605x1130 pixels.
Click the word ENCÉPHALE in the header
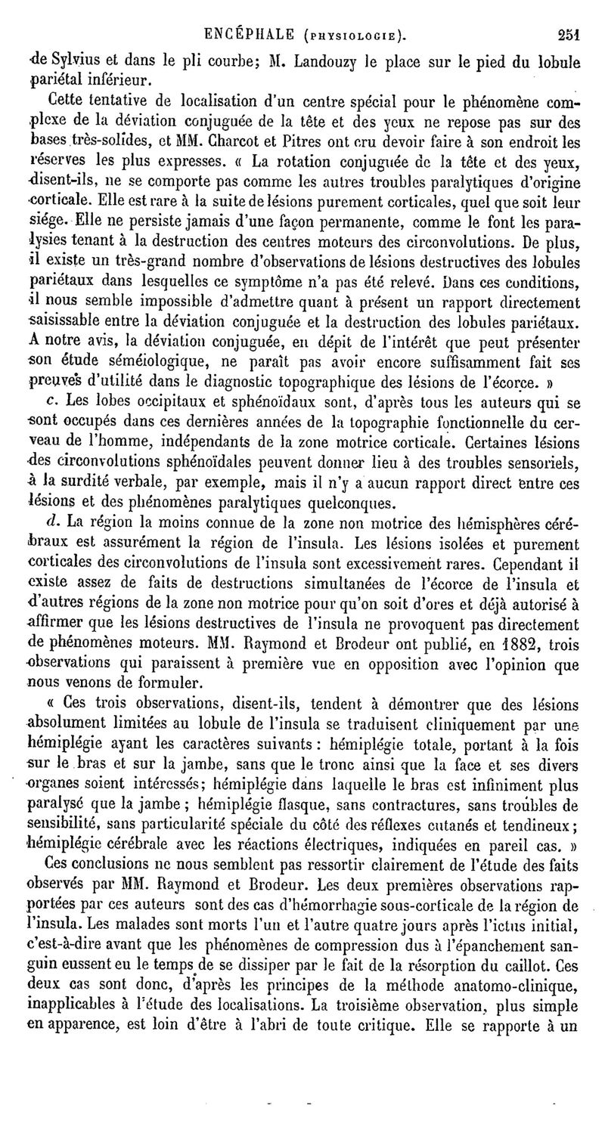click(253, 32)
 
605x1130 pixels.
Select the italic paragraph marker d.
click(52, 522)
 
